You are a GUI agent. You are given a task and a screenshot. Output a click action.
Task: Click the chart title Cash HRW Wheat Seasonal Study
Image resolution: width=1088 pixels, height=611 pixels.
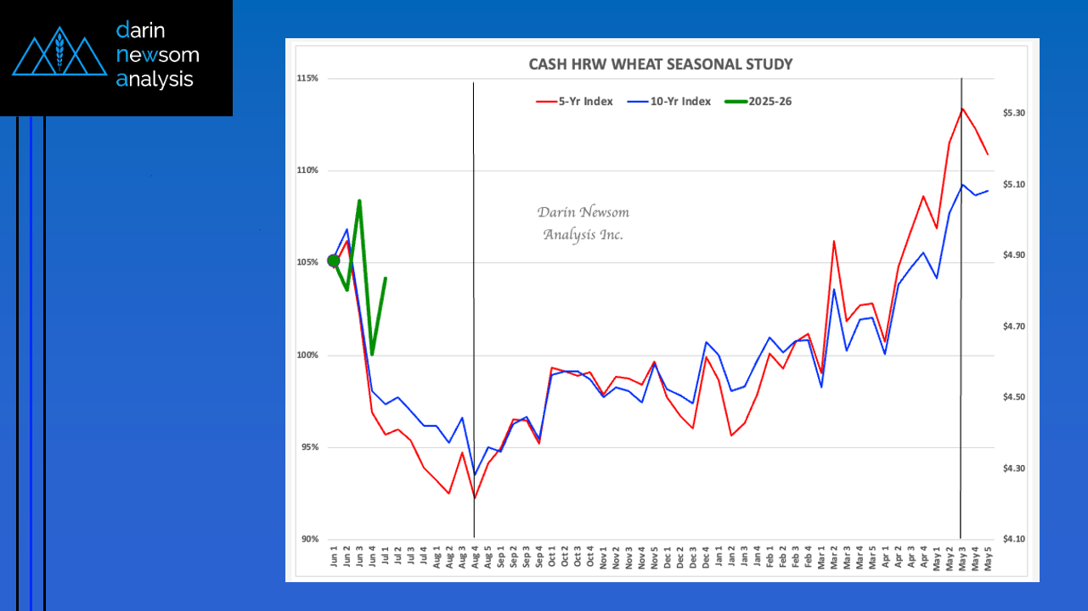tap(661, 64)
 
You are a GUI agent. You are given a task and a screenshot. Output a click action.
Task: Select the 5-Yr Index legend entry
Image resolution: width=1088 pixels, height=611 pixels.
tap(574, 102)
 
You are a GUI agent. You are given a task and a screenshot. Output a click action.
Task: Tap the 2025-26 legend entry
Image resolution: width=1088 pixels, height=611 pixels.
tap(758, 102)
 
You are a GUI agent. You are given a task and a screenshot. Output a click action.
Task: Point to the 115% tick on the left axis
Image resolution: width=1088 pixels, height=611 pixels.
tap(307, 78)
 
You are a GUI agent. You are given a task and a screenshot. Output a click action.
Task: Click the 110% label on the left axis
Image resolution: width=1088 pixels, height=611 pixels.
tap(307, 171)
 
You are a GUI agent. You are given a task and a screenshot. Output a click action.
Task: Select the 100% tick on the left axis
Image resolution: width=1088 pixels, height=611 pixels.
tap(307, 355)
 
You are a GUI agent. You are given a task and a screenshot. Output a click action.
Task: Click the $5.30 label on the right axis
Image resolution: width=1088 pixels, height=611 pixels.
tap(1014, 113)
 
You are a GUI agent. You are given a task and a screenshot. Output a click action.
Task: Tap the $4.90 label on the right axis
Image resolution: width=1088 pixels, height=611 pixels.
tap(1014, 255)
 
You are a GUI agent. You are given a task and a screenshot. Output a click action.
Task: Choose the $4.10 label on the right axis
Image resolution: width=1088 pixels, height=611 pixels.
tap(1014, 539)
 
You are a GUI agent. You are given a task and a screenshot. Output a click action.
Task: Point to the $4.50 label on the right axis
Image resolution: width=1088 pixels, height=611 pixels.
tap(1014, 397)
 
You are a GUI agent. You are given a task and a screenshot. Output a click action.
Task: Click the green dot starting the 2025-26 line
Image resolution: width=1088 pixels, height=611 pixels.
tap(334, 261)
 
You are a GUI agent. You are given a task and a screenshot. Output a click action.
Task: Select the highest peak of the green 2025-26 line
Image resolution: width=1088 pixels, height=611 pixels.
tap(359, 201)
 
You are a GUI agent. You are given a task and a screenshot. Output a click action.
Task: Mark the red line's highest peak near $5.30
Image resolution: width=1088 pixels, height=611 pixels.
tap(962, 109)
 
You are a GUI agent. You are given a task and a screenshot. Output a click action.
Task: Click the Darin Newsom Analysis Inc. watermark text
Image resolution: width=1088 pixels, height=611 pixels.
tap(583, 223)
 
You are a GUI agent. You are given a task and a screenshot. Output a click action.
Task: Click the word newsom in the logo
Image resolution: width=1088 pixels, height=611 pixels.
tap(158, 55)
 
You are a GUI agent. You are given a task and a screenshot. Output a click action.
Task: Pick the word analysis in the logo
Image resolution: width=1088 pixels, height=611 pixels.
tap(155, 80)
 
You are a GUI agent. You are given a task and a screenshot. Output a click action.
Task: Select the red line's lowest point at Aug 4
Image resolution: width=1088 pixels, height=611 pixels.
tap(474, 498)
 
